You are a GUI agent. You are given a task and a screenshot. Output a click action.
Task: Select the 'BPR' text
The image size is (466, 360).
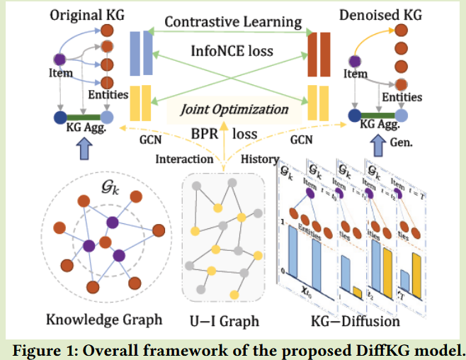(x=205, y=133)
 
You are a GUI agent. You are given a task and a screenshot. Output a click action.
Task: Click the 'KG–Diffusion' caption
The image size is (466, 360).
(x=355, y=321)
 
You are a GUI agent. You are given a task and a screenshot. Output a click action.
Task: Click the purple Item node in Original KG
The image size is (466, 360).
(x=61, y=59)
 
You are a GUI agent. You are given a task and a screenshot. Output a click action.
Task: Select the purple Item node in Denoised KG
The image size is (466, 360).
(x=352, y=59)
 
